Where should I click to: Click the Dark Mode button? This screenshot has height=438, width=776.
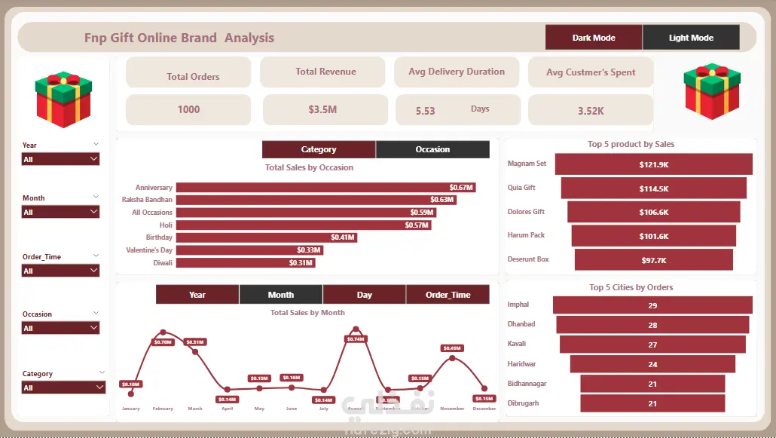pos(594,38)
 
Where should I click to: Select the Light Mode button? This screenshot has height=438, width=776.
pos(691,38)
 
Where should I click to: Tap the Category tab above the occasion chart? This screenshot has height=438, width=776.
pos(319,149)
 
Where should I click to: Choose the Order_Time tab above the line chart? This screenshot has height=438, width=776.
pos(448,295)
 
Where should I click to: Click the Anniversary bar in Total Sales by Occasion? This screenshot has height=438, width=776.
pos(325,188)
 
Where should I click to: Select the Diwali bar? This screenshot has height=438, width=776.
pos(245,263)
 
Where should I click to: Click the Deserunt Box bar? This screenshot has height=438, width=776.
pos(653,259)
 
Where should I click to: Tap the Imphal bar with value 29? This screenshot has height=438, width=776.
pos(652,305)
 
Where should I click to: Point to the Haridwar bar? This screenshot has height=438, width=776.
pos(652,365)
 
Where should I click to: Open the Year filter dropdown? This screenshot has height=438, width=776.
pos(60,160)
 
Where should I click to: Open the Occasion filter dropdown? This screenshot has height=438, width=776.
pos(60,329)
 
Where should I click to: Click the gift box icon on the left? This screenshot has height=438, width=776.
pos(63,99)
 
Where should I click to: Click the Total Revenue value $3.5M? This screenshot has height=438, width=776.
pos(322,110)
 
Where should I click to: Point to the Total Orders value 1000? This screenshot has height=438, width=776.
pos(188,110)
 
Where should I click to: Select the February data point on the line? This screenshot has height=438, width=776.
pos(163,332)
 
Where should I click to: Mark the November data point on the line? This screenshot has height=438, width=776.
pos(452,358)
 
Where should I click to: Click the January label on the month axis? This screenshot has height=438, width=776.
pos(131,409)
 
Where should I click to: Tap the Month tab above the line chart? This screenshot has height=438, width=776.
pos(281,295)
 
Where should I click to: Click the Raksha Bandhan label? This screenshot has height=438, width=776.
pos(147,200)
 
